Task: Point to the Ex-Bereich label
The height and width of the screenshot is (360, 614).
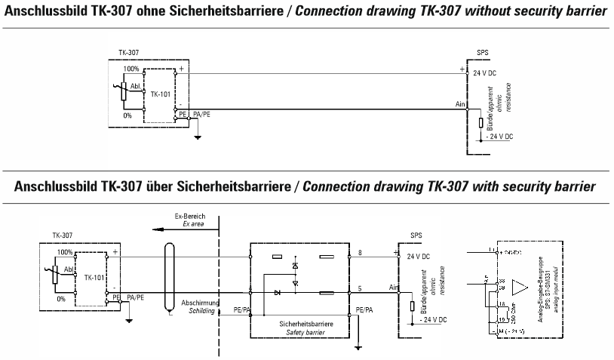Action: pos(196,216)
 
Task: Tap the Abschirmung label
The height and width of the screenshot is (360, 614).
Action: pos(200,303)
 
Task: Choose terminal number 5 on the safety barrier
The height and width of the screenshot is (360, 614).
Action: pos(361,287)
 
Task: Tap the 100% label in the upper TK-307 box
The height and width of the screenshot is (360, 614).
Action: pos(132,68)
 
